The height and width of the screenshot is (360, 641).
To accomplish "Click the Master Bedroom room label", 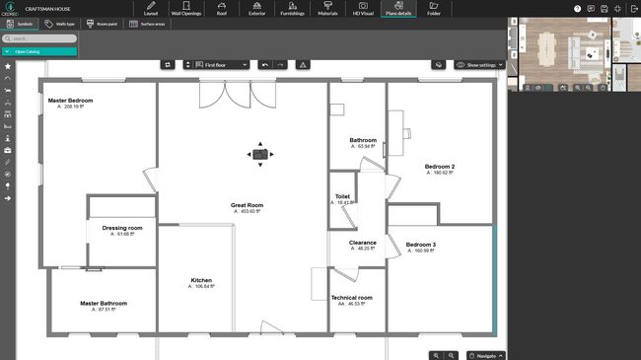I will [70, 100].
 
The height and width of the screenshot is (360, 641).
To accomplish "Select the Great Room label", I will [247, 205].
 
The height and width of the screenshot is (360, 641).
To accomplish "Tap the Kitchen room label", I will [201, 281].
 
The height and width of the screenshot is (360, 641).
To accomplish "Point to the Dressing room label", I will [123, 228].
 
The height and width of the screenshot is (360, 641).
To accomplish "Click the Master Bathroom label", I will [104, 304].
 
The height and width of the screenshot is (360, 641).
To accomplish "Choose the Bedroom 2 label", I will [439, 167].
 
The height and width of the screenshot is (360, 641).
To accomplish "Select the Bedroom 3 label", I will [421, 244].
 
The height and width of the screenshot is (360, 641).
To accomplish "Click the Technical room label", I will [351, 297].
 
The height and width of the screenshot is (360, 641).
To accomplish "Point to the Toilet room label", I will [342, 196].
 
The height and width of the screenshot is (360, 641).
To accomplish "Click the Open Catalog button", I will [39, 50].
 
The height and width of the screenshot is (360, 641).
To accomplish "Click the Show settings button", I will [479, 64].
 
